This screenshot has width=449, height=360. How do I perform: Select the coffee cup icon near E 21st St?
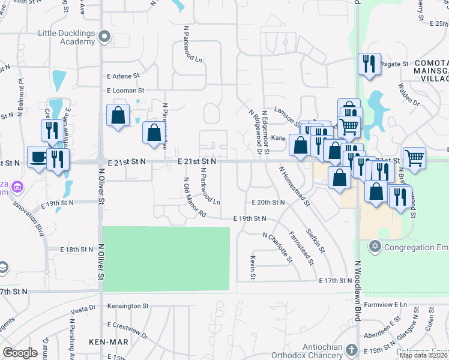[38, 157]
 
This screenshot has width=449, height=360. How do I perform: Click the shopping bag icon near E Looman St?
[118, 115]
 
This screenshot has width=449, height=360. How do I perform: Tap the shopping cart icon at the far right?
[414, 158]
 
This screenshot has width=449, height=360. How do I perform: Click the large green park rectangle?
[166, 259]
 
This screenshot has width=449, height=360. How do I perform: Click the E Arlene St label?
[122, 76]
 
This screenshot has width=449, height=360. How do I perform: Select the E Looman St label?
[125, 91]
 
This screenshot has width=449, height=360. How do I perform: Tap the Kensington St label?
[128, 306]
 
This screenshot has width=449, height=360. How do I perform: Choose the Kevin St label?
[254, 268]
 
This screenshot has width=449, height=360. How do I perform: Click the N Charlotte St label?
[277, 248]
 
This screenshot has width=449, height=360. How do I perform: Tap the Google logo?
[20, 353]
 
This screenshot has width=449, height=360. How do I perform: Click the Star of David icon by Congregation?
[375, 247]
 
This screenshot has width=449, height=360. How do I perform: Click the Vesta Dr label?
[83, 311]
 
